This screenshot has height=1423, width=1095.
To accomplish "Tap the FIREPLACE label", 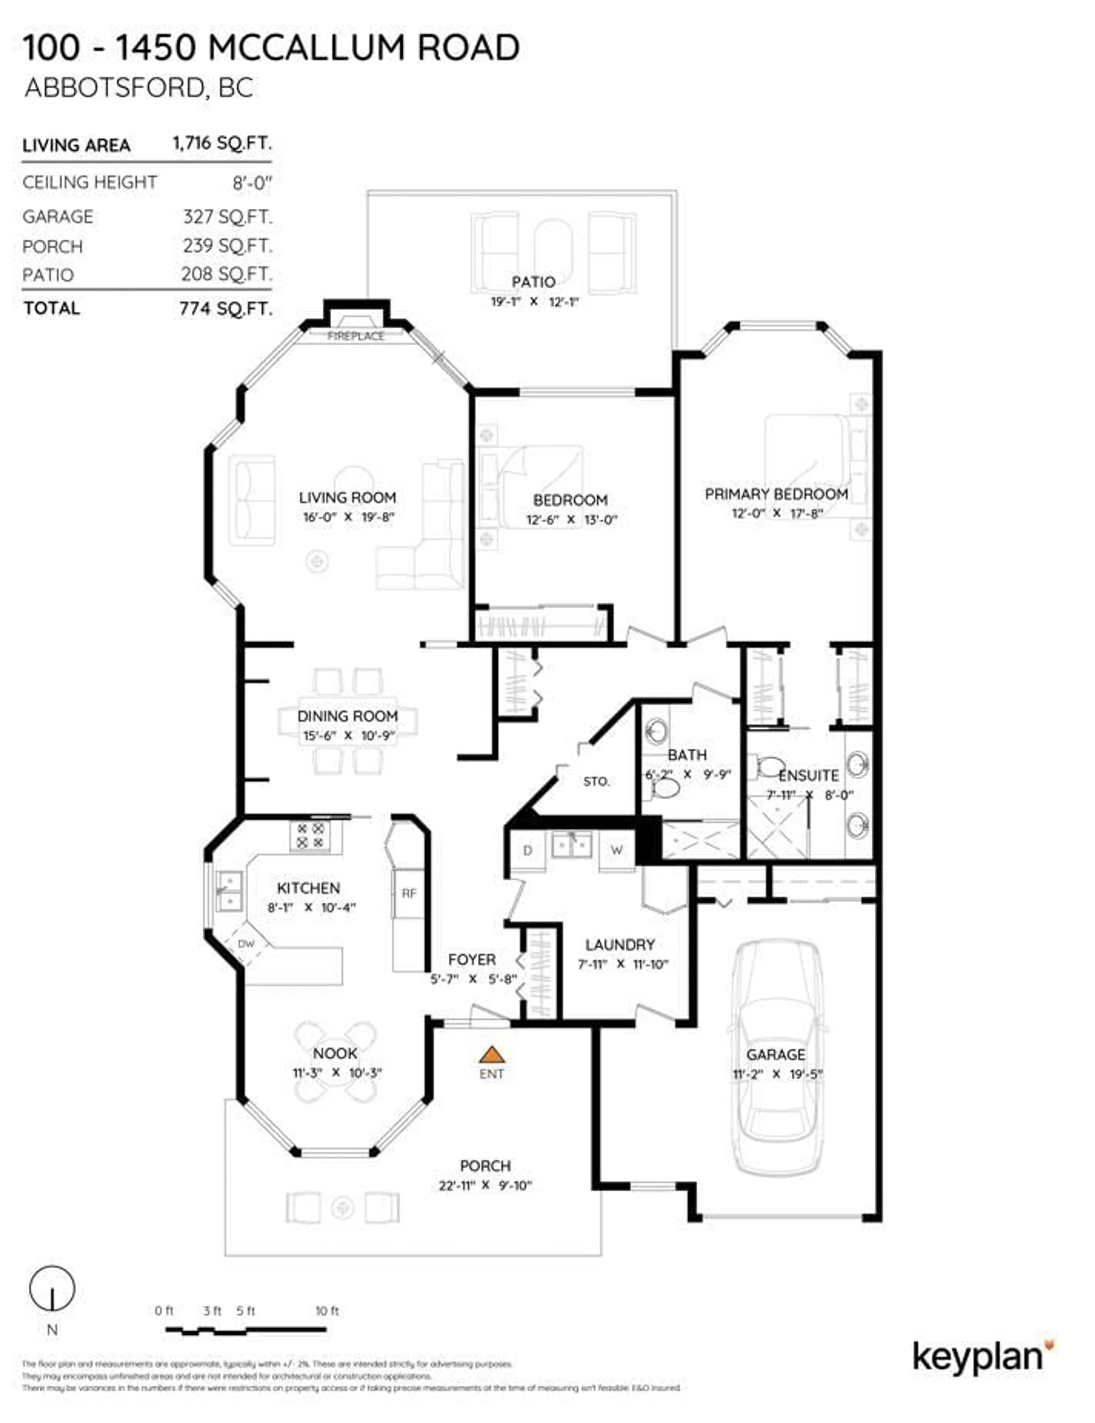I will [356, 336].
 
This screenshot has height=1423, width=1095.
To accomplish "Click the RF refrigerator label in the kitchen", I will [408, 893].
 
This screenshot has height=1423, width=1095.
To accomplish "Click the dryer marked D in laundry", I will [528, 850].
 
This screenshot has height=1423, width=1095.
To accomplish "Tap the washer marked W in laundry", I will [616, 850].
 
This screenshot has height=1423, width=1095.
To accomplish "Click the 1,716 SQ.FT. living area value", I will [222, 143].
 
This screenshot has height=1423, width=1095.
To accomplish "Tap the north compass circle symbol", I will [52, 1288].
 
